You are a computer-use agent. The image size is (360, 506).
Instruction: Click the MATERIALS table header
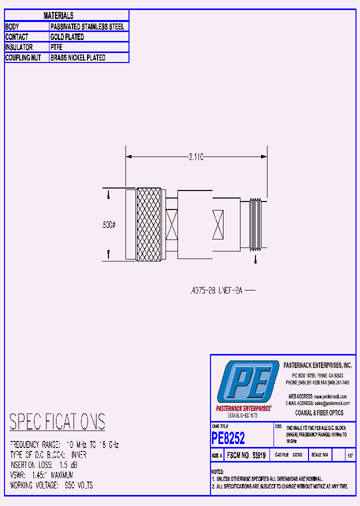(58, 16)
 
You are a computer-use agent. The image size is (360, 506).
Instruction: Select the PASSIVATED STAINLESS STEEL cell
(87, 26)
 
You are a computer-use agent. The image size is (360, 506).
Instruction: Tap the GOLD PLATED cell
(67, 37)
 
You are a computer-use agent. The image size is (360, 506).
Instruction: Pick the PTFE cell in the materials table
(56, 47)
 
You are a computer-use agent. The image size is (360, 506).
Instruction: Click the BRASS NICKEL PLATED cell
(78, 58)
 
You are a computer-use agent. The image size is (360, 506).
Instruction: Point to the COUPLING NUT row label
(23, 58)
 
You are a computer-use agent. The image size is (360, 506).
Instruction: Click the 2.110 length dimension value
(196, 157)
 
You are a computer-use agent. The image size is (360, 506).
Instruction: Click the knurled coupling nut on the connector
(149, 224)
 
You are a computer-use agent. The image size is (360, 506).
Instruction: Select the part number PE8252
(228, 438)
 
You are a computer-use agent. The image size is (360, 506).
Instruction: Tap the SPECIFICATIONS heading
(57, 422)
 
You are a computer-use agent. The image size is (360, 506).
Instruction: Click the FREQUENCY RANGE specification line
(64, 444)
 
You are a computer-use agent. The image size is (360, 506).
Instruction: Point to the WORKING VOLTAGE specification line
(51, 485)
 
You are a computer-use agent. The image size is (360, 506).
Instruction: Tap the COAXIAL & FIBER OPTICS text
(319, 413)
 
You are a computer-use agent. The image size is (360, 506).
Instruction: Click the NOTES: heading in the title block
(217, 472)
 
